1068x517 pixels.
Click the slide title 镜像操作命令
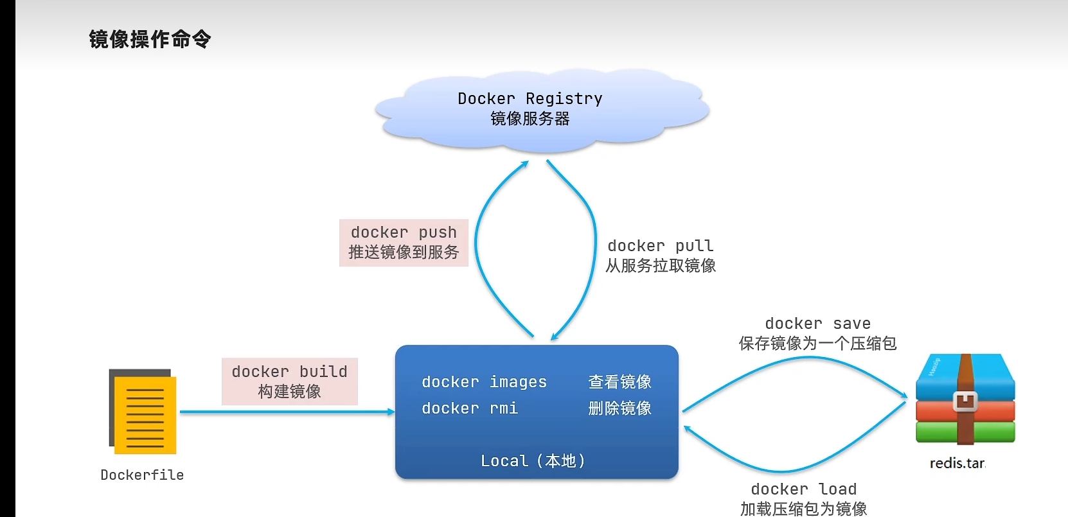[x=150, y=39]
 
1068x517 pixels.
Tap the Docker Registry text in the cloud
[x=530, y=98]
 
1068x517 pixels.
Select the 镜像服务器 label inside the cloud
[x=530, y=119]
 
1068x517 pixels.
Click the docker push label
[x=404, y=232]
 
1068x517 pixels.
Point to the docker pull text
[x=660, y=245]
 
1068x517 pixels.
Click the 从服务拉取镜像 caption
[x=660, y=266]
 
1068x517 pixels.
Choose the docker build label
[x=289, y=371]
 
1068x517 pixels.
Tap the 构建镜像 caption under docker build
[x=289, y=392]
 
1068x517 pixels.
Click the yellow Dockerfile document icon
[x=143, y=412]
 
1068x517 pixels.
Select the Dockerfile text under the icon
[x=142, y=475]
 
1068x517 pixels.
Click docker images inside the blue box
[x=484, y=382]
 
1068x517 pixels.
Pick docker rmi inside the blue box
[x=470, y=408]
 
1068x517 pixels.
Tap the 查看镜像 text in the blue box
[x=619, y=382]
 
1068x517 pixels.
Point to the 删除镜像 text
[x=619, y=408]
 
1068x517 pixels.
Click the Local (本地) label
[x=533, y=460]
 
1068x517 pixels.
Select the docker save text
[x=817, y=323]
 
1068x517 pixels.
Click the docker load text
[x=803, y=489]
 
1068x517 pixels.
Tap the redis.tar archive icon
[x=965, y=400]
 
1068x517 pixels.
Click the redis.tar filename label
[x=957, y=463]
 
